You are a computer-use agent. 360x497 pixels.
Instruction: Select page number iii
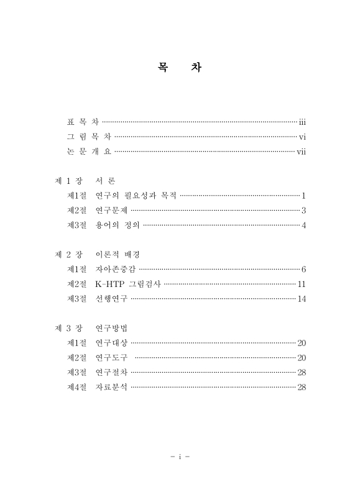click(302, 122)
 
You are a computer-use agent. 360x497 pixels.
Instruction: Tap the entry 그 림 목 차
click(89, 137)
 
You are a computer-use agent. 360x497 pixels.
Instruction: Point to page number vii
click(301, 152)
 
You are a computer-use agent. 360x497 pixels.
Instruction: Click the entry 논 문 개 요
click(89, 152)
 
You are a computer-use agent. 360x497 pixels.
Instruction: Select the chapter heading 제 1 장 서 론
click(85, 181)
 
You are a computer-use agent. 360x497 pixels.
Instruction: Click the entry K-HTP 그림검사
click(127, 284)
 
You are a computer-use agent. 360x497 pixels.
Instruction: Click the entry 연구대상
click(111, 343)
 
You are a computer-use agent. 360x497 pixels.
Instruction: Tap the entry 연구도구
click(111, 358)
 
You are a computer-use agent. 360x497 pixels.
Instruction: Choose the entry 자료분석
click(111, 387)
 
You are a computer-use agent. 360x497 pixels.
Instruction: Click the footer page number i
click(180, 457)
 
